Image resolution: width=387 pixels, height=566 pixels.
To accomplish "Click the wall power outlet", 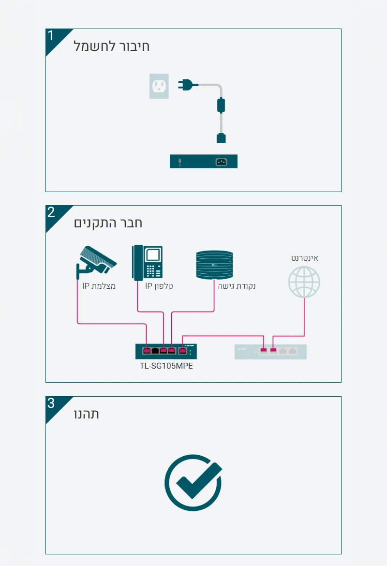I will pyautogui.click(x=159, y=86).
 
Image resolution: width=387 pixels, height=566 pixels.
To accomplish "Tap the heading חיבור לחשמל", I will pyautogui.click(x=112, y=46).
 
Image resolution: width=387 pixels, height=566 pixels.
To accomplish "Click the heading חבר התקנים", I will pyautogui.click(x=108, y=223).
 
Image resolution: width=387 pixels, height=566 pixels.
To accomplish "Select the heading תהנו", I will pyautogui.click(x=87, y=414).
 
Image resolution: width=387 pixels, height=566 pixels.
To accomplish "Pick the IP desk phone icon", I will pyautogui.click(x=148, y=263).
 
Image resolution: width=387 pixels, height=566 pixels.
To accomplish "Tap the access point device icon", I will pyautogui.click(x=214, y=265).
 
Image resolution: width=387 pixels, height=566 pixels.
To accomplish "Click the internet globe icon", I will pyautogui.click(x=304, y=282).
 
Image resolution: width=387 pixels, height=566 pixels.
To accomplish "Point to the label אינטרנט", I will pyautogui.click(x=304, y=258).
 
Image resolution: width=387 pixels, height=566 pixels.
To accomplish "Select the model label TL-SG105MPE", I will pyautogui.click(x=166, y=366).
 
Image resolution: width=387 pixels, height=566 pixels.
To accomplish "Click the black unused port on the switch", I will pyautogui.click(x=155, y=350).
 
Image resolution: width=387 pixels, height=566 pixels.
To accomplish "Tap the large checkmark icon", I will pyautogui.click(x=193, y=482).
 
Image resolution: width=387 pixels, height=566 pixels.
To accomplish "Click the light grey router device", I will pyautogui.click(x=270, y=352).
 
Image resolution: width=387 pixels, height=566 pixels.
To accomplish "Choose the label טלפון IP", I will pyautogui.click(x=159, y=286).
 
